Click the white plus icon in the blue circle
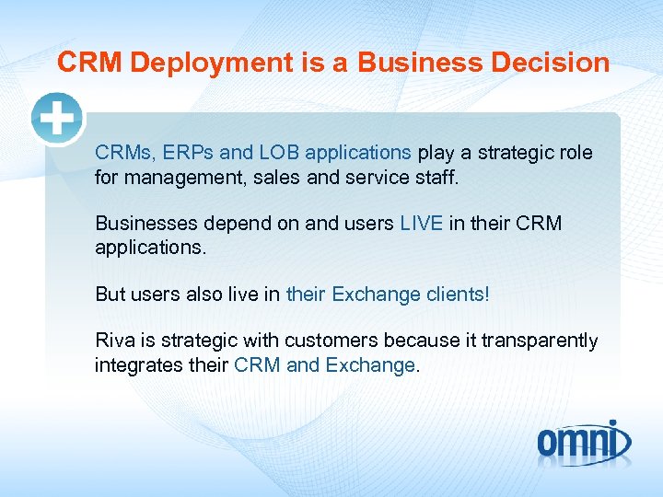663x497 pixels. [x=57, y=119]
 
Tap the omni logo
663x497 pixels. [x=585, y=441]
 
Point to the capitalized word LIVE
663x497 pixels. [x=422, y=224]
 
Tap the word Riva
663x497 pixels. [x=113, y=341]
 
